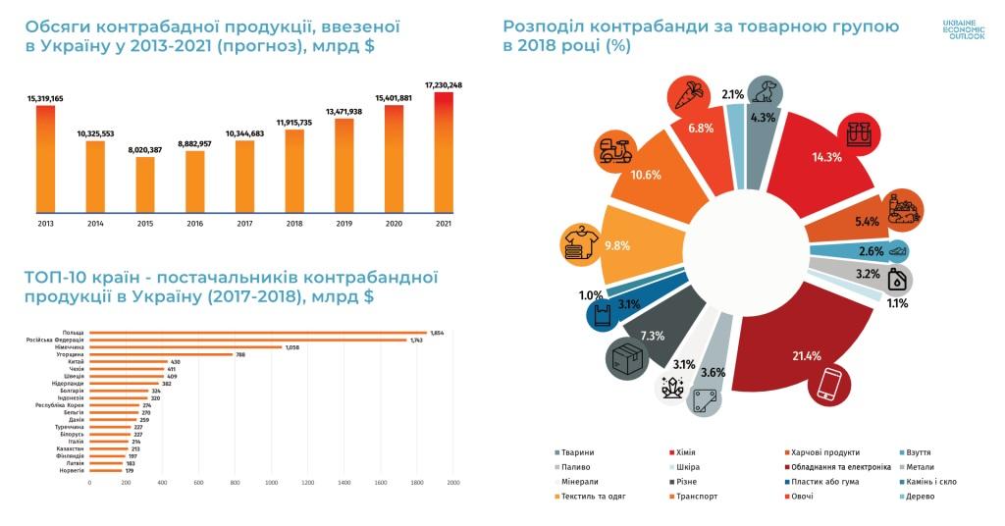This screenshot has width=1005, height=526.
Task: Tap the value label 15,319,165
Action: click(x=45, y=99)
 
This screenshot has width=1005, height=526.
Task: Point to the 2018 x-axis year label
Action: click(x=294, y=225)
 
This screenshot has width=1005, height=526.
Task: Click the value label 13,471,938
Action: click(x=344, y=112)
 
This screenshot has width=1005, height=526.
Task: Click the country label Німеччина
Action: click(x=70, y=346)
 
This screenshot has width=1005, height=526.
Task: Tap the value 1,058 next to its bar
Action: click(x=291, y=346)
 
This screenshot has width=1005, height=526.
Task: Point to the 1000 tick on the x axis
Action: click(x=272, y=483)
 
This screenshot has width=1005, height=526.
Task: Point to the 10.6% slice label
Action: click(x=648, y=176)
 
